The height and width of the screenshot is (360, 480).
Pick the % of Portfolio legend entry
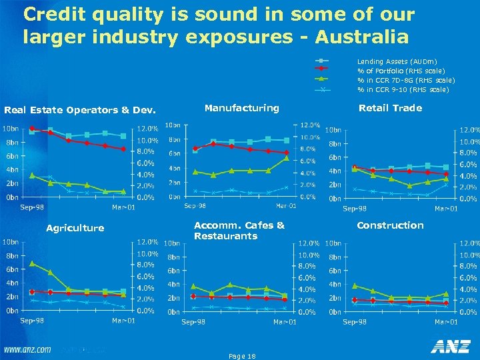tap(392, 70)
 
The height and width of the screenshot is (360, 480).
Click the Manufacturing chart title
tap(241, 107)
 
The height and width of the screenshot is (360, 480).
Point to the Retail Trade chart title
tap(390, 107)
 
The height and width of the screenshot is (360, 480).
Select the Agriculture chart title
tap(75, 228)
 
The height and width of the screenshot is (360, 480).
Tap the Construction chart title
tap(390, 225)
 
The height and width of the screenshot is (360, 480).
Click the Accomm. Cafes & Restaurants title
tap(239, 231)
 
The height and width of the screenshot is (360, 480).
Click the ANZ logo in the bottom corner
tap(450, 346)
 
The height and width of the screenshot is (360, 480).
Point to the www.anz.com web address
tap(27, 349)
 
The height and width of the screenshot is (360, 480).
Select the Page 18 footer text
tap(241, 356)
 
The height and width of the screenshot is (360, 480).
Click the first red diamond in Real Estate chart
tap(32, 128)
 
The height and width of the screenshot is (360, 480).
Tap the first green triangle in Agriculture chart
tap(32, 263)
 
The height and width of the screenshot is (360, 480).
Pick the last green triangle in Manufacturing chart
tap(286, 158)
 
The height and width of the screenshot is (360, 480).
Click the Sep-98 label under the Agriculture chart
tap(32, 321)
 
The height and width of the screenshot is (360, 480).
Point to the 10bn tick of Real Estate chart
tap(9, 128)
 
